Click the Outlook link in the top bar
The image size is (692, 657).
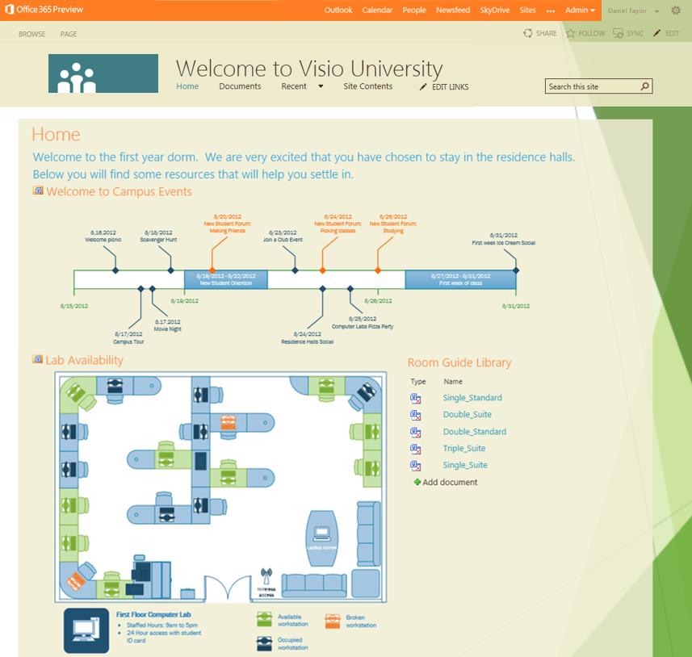[x=338, y=10]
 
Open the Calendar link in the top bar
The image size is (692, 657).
[x=377, y=10]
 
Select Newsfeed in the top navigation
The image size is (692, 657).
[x=452, y=10]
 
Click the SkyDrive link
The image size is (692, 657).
[x=495, y=10]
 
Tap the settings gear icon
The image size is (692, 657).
[x=676, y=10]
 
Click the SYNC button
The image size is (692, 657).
[x=630, y=34]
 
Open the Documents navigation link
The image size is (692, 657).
[x=240, y=86]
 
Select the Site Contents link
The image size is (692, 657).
[x=367, y=86]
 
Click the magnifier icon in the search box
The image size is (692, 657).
[x=644, y=86]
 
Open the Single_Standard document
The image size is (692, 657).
[x=472, y=398]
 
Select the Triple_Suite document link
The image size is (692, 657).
[x=464, y=449]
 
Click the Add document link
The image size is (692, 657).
[x=449, y=483]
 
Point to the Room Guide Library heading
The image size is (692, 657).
[x=459, y=363]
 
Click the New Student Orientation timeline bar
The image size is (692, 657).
[x=225, y=279]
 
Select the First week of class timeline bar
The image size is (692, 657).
[x=459, y=279]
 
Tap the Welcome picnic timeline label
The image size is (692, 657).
[x=104, y=239]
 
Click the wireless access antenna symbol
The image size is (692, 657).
[x=266, y=577]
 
